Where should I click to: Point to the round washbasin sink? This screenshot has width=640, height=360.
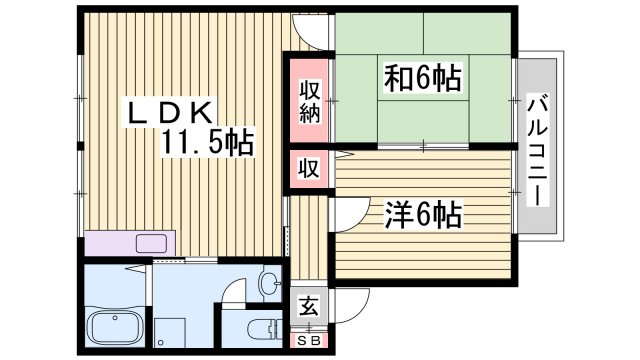pos(267,284)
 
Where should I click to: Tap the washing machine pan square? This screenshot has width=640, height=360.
pos(171,333)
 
